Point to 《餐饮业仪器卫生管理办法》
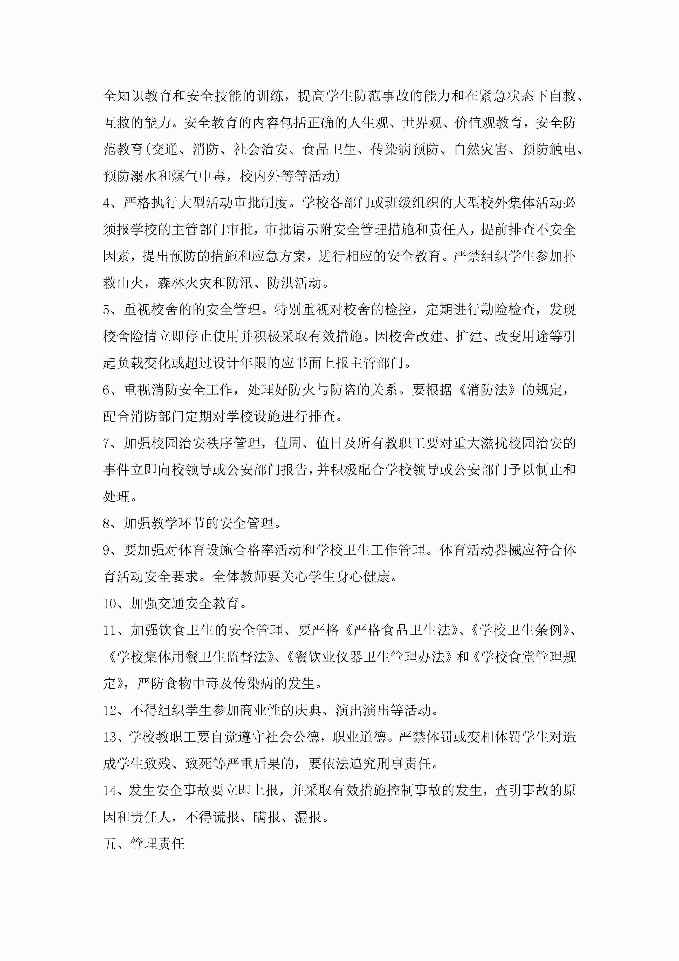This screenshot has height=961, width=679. pos(370,657)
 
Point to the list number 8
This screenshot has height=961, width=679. pos(107,523)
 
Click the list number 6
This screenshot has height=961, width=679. pos(107,390)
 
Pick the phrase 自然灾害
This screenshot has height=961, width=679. pos(481,149)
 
